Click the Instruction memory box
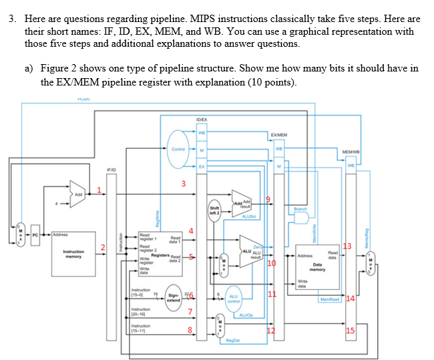73,254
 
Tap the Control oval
178,150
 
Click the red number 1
100,190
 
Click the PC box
38,235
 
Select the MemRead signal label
331,299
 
